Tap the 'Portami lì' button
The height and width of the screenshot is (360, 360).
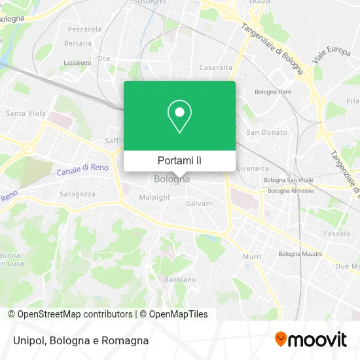pos(179,160)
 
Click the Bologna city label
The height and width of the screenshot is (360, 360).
pos(172,179)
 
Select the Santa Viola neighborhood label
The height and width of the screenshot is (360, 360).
pos(26,113)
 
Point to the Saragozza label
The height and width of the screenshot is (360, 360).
pos(77,194)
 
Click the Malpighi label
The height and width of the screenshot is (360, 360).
pos(154,196)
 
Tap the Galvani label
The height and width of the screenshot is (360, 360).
pos(199,204)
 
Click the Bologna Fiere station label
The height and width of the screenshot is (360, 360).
pos(273,92)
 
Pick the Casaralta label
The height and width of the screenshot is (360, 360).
pos(216,67)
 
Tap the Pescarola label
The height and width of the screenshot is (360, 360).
pos(84,29)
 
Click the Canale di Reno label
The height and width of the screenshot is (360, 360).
pos(82,170)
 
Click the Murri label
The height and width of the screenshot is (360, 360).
pos(252,257)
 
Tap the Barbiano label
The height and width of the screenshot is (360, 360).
pos(180,279)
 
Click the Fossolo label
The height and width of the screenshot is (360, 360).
pos(337,234)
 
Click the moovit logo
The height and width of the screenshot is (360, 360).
pos(310,340)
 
